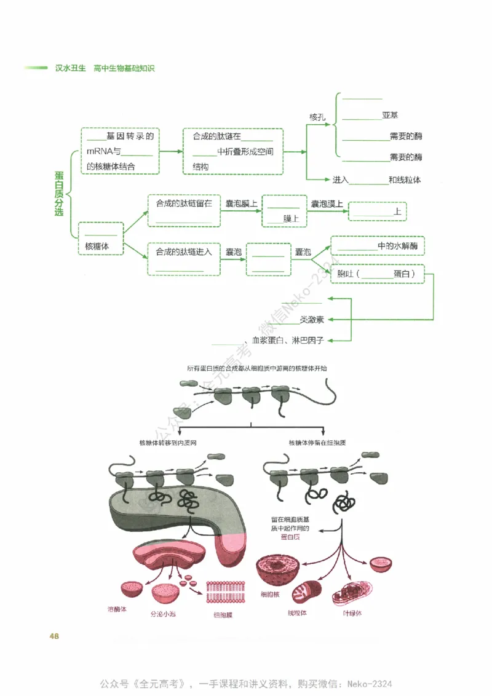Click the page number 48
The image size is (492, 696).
[x=54, y=635]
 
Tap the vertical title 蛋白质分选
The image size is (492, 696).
[x=58, y=194]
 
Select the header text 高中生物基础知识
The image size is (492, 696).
[x=124, y=68]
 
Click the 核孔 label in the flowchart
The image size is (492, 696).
[x=317, y=116]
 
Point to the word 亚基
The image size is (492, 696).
[x=390, y=115]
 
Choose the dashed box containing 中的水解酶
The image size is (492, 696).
[x=378, y=246]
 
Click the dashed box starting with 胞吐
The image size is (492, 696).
[x=378, y=274]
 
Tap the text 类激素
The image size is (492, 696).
[x=312, y=320]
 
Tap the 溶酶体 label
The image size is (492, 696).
[x=117, y=610]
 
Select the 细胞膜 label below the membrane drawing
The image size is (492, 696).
[x=223, y=614]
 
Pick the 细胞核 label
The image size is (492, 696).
[x=270, y=595]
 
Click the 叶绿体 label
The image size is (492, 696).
[x=352, y=613]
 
